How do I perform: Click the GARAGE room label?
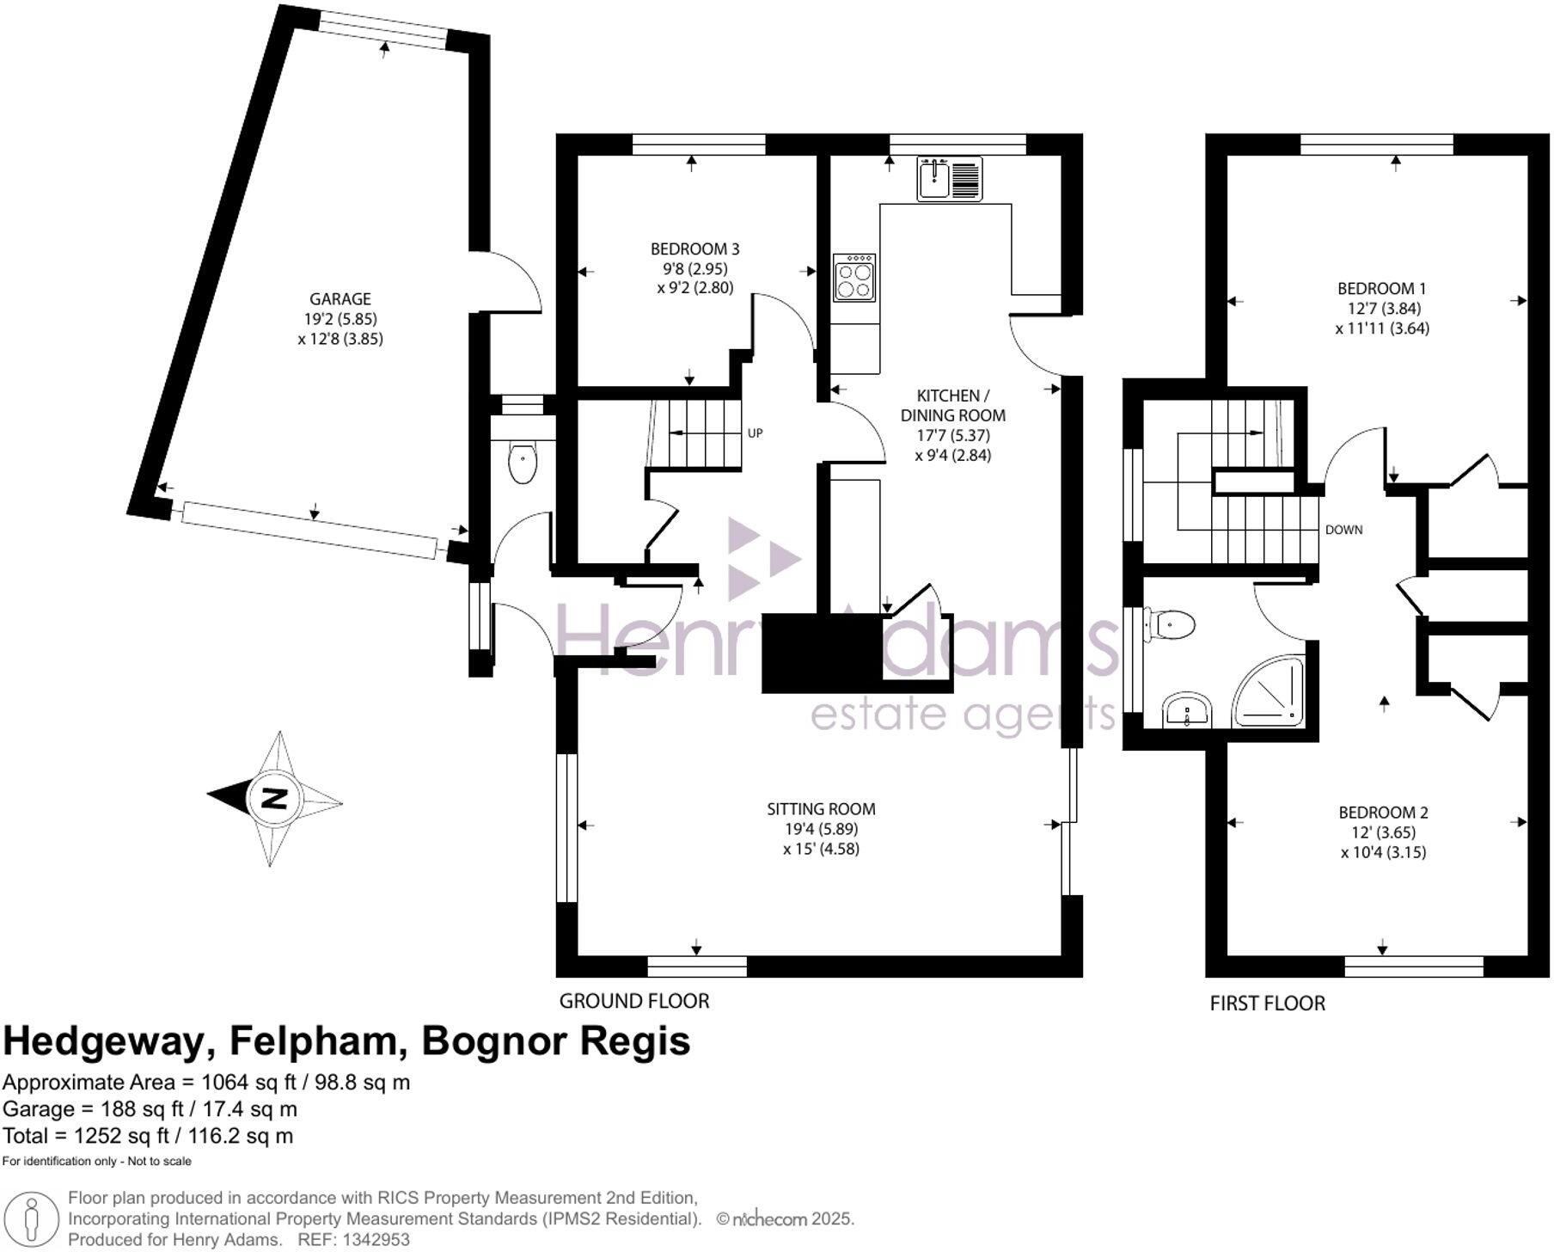[x=340, y=299]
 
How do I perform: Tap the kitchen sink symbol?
[x=949, y=180]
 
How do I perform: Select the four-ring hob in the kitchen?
[x=853, y=278]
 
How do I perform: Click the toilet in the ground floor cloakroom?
[x=523, y=463]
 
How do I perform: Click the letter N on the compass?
[x=274, y=799]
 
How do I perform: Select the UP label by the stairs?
[x=755, y=433]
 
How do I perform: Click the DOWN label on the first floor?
[x=1343, y=530]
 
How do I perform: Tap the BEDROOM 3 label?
[x=694, y=249]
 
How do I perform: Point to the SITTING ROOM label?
[x=821, y=809]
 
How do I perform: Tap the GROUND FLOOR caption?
[x=633, y=1001]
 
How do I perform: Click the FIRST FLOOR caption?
[x=1267, y=1003]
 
